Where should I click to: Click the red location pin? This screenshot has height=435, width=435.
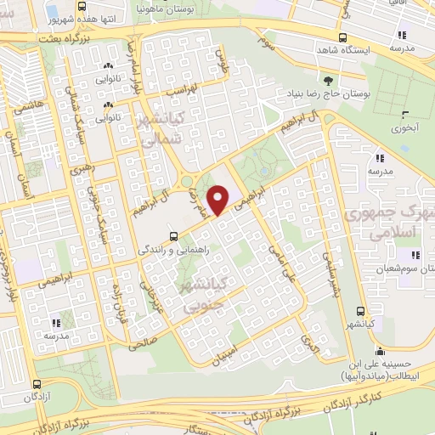click(219, 200)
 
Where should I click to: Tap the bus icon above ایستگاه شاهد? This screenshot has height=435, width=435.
click(342, 37)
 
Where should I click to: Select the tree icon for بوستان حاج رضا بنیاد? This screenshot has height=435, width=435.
click(305, 80)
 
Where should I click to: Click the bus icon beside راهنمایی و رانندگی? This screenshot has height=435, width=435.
click(173, 236)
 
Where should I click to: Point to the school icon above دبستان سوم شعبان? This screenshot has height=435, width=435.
click(415, 254)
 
